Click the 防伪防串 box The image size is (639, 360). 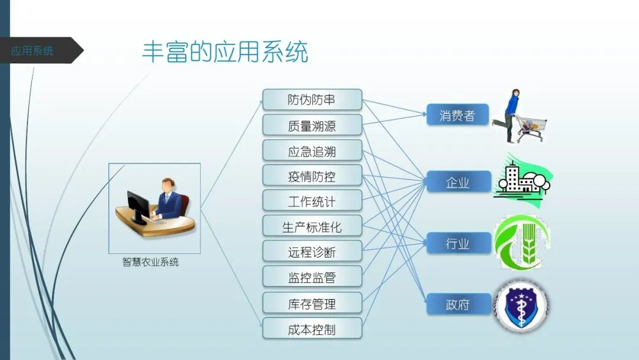(x=312, y=100)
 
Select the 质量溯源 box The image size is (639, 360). (x=312, y=126)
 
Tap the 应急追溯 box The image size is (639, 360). (x=312, y=151)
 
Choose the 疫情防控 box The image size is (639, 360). (x=312, y=176)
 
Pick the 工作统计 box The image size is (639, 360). (x=312, y=201)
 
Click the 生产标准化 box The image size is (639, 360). (x=312, y=227)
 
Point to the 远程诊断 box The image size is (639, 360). (x=312, y=252)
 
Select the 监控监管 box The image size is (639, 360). (x=312, y=277)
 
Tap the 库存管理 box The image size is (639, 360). (x=312, y=303)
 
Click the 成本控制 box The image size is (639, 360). (x=312, y=329)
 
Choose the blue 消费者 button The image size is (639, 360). (x=457, y=115)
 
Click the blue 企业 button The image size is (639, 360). (x=457, y=182)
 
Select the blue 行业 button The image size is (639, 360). (x=457, y=243)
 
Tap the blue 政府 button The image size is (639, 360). (x=457, y=304)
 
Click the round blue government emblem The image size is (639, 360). (x=521, y=306)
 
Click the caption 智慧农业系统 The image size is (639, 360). (x=150, y=262)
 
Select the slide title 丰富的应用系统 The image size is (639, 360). (x=225, y=52)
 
